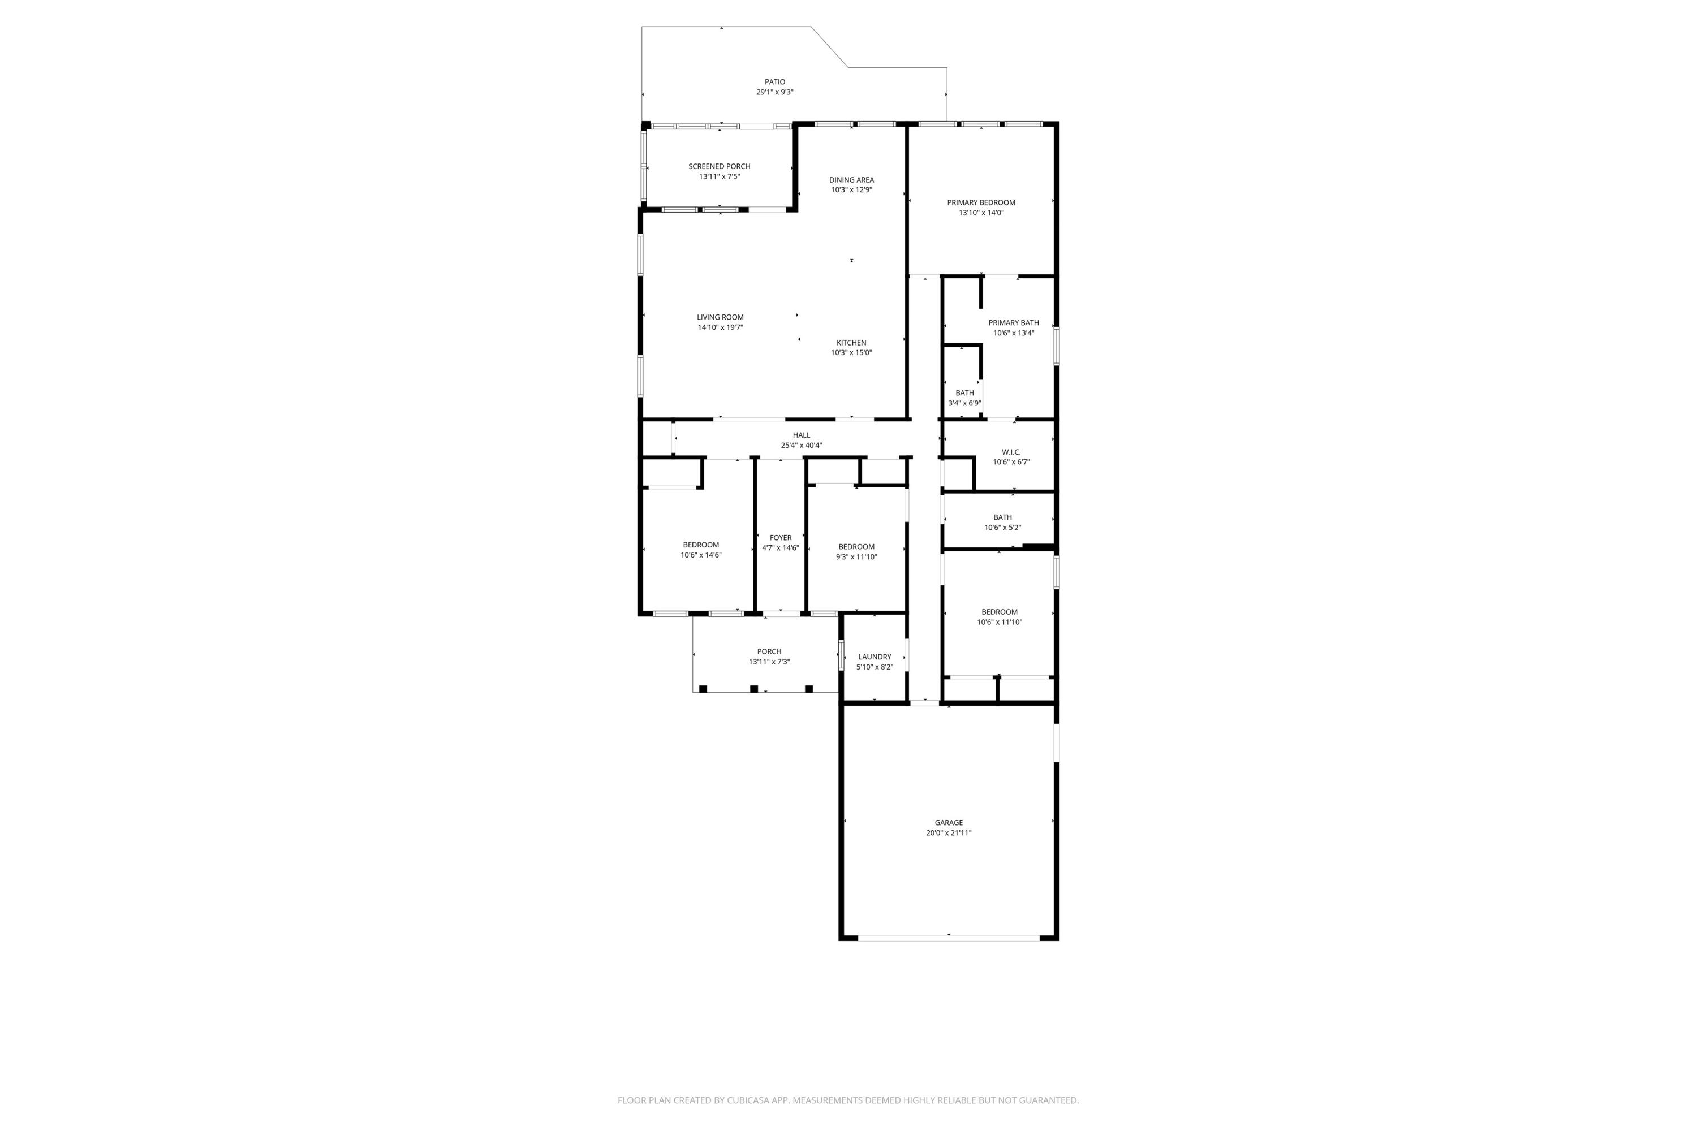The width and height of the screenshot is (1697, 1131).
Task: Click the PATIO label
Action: coord(775,82)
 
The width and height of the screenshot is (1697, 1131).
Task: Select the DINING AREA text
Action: coord(851,180)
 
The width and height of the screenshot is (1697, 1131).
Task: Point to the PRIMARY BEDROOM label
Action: coord(981,202)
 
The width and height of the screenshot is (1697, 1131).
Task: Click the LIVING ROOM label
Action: coord(720,317)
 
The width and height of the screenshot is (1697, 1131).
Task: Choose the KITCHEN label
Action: coord(851,343)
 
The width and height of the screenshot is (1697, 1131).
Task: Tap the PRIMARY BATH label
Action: coord(1014,323)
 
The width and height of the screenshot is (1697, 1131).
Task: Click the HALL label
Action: coord(802,435)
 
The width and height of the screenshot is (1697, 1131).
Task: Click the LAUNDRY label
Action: coord(875,657)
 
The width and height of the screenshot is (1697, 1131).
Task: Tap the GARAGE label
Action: coord(949,823)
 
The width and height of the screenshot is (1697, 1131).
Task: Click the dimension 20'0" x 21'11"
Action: coord(949,833)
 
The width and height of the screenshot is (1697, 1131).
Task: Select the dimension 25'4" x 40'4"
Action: coord(802,446)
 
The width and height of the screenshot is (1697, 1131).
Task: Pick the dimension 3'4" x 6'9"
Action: coord(964,403)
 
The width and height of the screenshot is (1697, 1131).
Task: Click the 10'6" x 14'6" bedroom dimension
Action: coord(701,555)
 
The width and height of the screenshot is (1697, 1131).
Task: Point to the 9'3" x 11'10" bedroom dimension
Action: coord(856,557)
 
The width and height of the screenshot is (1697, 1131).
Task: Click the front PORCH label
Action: coord(769,652)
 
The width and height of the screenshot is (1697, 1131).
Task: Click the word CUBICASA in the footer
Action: coord(755,1100)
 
